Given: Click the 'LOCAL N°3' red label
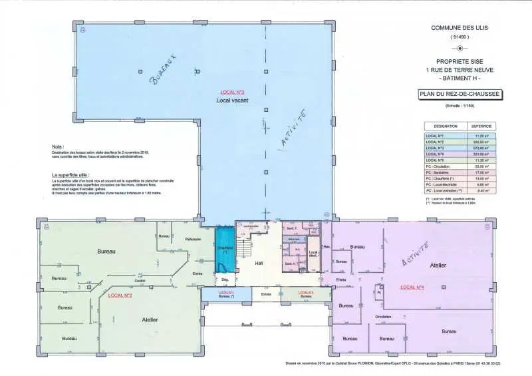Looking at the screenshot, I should point(232,91).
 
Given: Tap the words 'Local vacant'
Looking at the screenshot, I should point(232,100).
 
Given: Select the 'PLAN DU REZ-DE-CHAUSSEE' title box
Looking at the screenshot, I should point(460,95).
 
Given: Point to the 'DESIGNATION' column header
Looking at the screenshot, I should point(446,125).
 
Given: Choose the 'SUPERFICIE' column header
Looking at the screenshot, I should point(481,125).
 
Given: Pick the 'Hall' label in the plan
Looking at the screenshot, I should point(259,263).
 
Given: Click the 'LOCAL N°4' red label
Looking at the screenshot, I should point(412,287).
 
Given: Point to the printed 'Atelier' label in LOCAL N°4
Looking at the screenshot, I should point(438,265).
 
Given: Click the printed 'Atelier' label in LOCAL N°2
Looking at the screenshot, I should point(150,319).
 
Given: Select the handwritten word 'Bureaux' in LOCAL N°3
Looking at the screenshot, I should point(162,69).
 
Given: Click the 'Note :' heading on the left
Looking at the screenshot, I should point(58,146).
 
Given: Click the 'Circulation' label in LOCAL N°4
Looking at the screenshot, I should point(383,317).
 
